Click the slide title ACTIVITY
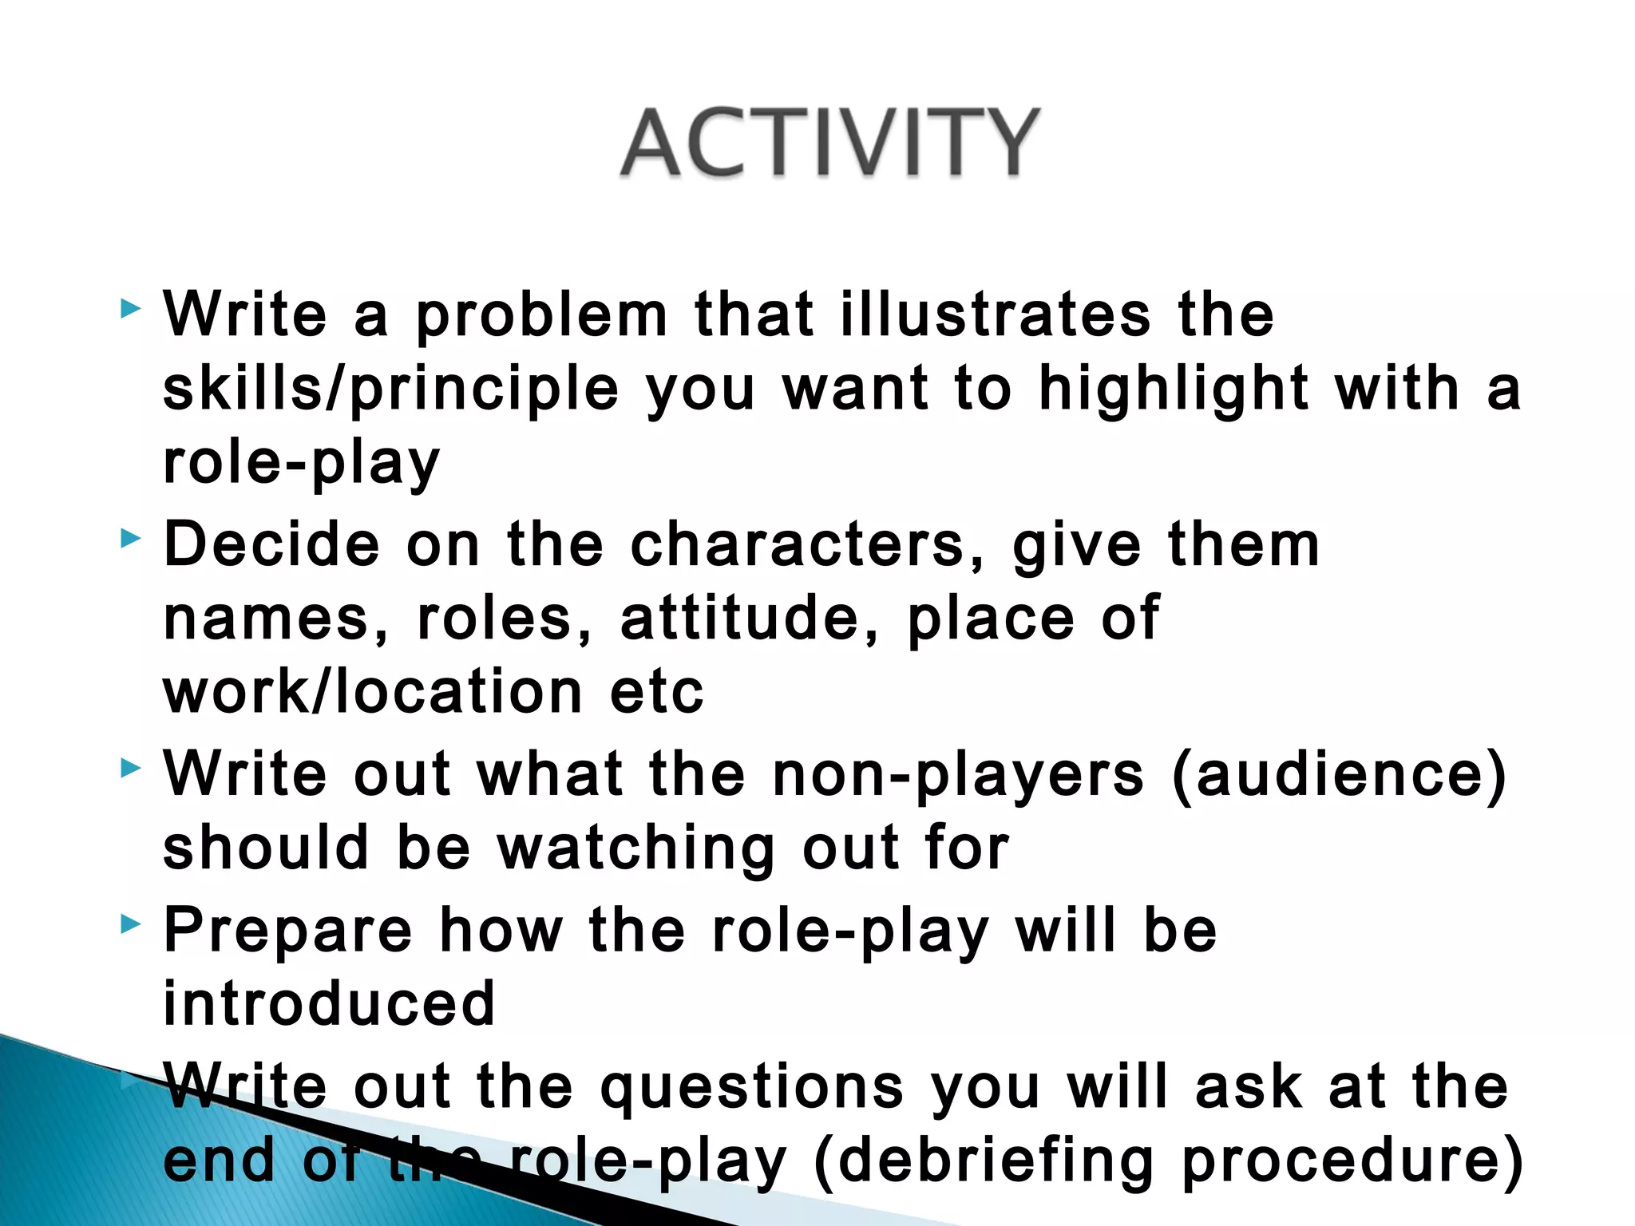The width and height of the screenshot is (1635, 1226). (830, 143)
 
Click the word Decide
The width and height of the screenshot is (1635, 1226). (271, 544)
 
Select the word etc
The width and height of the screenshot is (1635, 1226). (657, 693)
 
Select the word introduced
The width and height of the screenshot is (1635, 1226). (329, 1003)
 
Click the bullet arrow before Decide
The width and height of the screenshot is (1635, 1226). (130, 540)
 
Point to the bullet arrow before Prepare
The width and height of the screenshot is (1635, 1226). (130, 925)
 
